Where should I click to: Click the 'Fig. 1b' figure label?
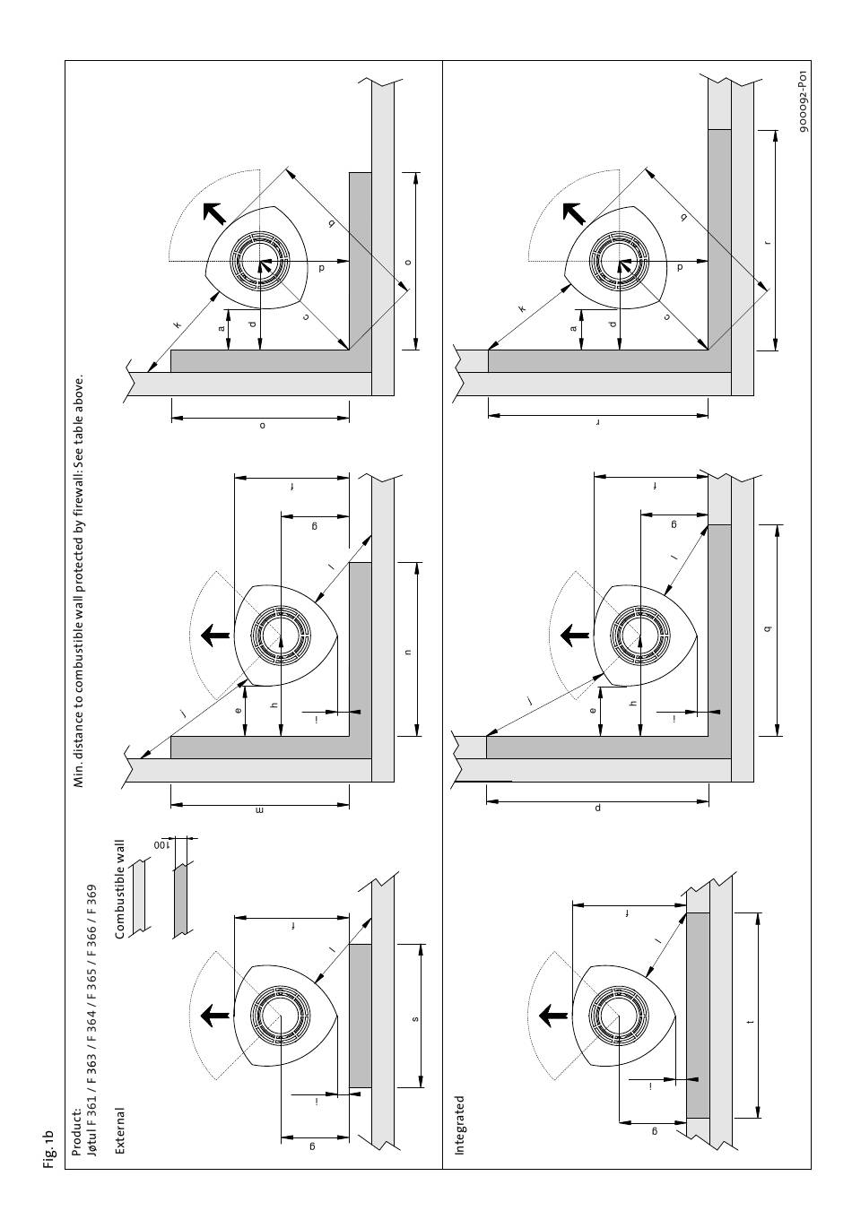click(x=49, y=1150)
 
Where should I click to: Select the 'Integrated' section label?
click(x=460, y=1125)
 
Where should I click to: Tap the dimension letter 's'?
click(x=413, y=1019)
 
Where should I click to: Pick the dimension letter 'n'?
click(x=407, y=652)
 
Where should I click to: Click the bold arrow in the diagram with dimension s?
click(x=214, y=1015)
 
